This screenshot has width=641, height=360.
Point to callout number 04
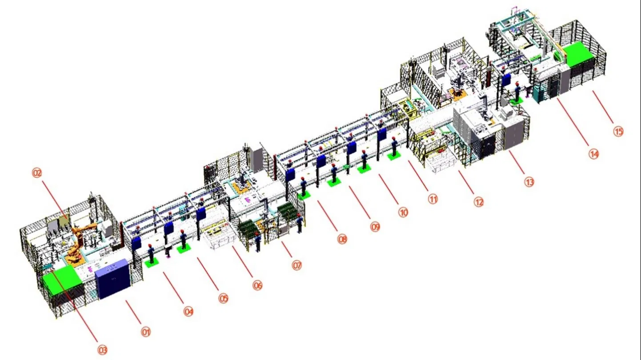[x=188, y=312]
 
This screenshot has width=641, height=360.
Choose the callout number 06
[x=257, y=285]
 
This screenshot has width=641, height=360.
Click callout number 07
[x=296, y=265]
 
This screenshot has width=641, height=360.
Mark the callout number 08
[x=342, y=240]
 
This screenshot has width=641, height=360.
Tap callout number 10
[x=403, y=212]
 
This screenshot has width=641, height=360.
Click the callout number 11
[x=433, y=199]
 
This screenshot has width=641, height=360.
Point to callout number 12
[x=478, y=202]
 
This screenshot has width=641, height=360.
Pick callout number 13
[x=529, y=182]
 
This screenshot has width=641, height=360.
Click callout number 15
[x=618, y=131]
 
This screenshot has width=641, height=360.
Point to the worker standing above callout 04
[x=152, y=254]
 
